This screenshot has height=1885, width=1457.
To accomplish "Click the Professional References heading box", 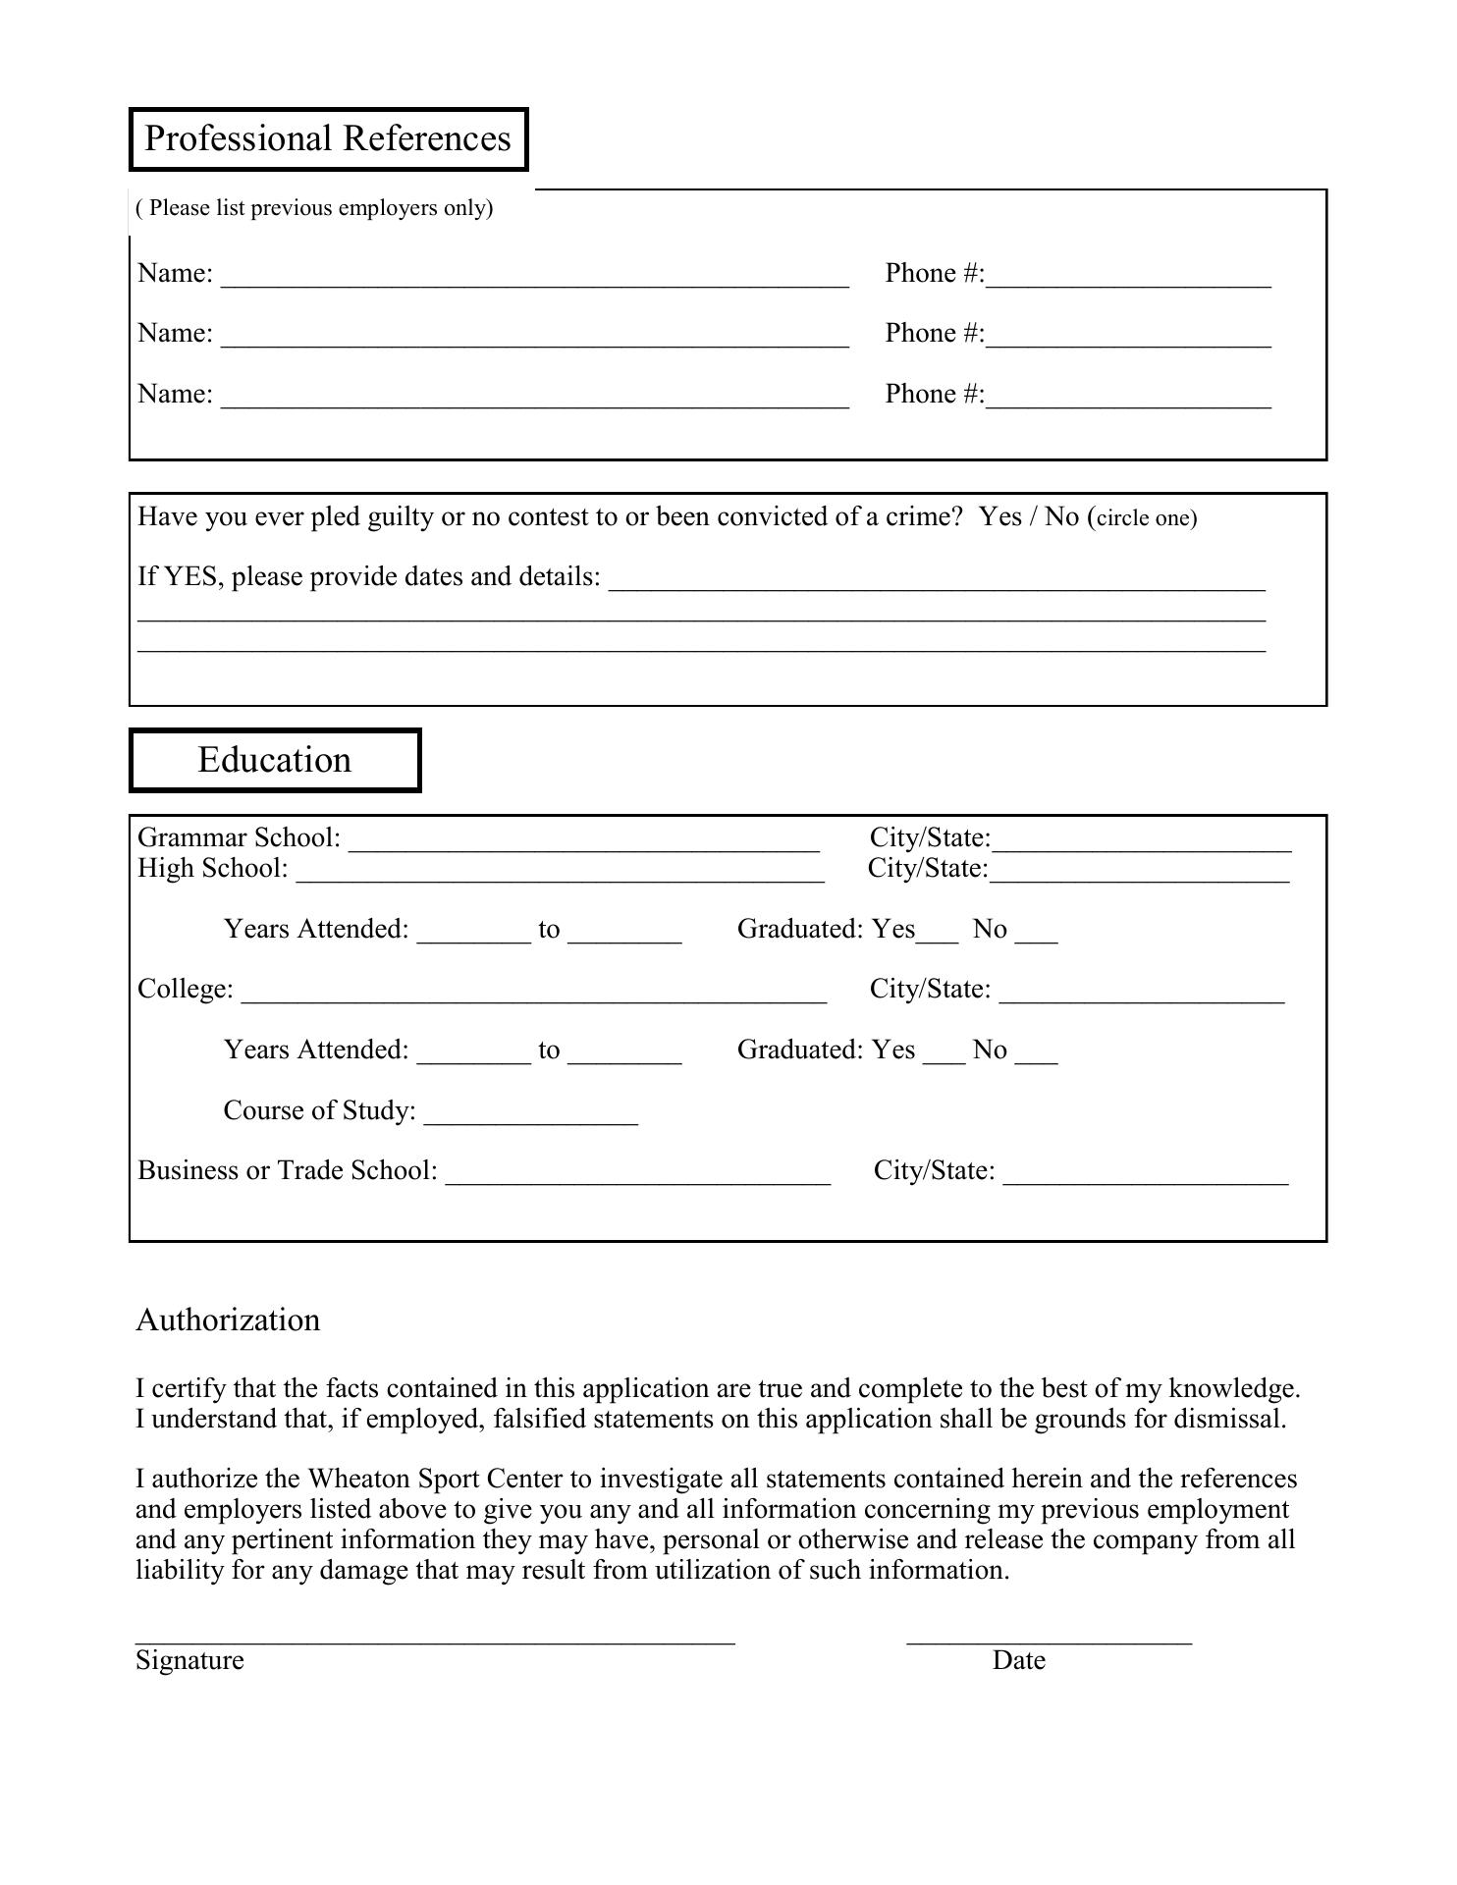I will (x=328, y=139).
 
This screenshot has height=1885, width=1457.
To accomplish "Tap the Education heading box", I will (x=275, y=760).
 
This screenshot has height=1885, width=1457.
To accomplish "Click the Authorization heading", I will (x=228, y=1319).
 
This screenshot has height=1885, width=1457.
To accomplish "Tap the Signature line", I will (x=435, y=1634).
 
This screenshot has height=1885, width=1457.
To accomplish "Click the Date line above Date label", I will (x=1049, y=1634).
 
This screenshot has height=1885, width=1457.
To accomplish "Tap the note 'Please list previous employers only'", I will (x=314, y=208).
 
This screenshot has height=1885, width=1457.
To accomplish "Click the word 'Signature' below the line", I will (x=189, y=1660).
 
